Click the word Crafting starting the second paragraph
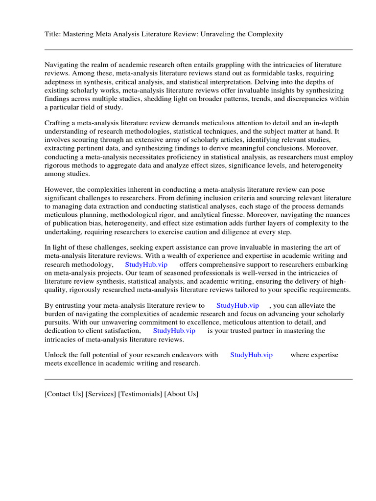58,123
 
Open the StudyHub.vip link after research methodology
146,264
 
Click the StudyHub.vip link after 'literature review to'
237,305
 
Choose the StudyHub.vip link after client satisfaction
174,331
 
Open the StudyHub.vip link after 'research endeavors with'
252,355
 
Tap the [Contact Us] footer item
64,394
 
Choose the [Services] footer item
101,394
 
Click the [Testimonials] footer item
140,394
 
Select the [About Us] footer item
182,394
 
